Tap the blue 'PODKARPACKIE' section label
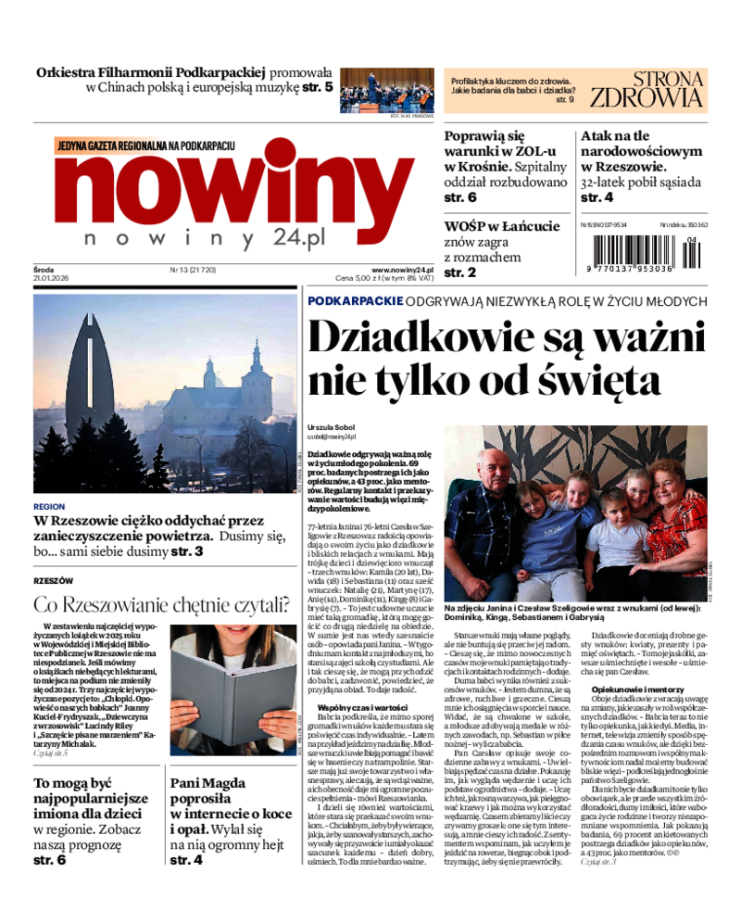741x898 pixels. tap(355, 301)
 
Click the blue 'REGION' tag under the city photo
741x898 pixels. tap(48, 507)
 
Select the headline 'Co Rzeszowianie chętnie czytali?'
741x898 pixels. tap(162, 605)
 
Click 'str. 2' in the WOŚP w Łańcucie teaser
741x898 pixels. tap(459, 272)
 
